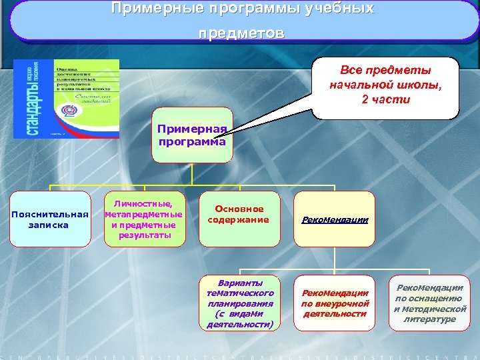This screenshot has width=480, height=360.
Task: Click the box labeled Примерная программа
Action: pos(193,135)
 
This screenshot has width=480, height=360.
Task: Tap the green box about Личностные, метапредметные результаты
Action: pos(144,219)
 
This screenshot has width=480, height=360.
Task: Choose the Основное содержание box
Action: pos(238,215)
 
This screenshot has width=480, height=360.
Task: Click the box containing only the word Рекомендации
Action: pos(335,219)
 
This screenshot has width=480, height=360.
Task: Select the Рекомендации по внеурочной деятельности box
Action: pos(335,303)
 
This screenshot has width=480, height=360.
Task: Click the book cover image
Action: pos(67,99)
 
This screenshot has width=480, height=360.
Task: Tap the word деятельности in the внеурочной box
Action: pos(335,313)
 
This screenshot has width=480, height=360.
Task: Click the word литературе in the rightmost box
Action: pos(430,319)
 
